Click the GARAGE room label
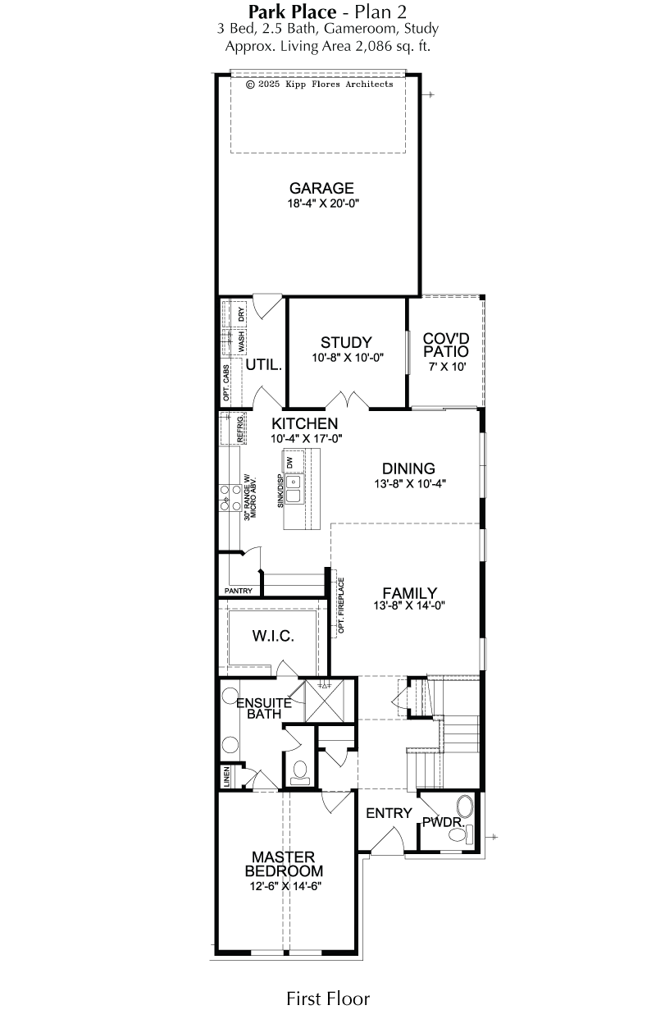(x=321, y=188)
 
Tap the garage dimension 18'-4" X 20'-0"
(x=323, y=203)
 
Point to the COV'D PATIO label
(x=445, y=345)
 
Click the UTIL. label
(x=264, y=364)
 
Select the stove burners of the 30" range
(x=231, y=497)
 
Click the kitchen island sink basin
(x=294, y=489)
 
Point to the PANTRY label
(x=239, y=591)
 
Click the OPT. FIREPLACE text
(x=341, y=605)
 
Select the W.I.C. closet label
(x=273, y=636)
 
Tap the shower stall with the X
(x=325, y=701)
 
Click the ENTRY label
(x=389, y=813)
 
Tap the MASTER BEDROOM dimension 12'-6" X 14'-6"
(x=286, y=886)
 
